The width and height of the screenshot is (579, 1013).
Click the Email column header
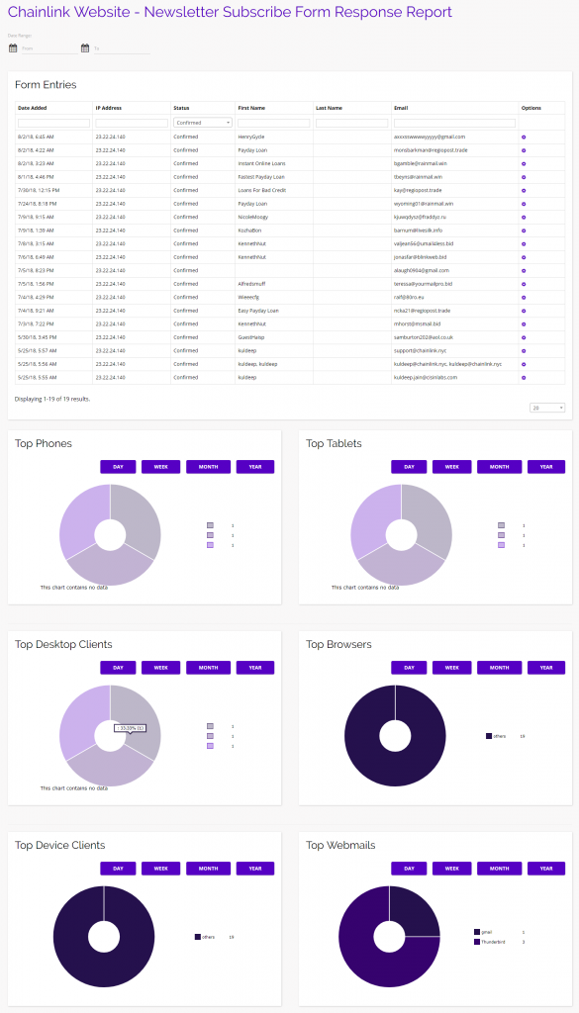(400, 108)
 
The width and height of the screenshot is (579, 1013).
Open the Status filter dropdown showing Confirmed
(202, 123)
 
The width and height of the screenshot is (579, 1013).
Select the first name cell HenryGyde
(251, 137)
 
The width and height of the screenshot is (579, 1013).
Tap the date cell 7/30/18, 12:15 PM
(39, 190)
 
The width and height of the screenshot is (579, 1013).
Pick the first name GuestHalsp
(251, 337)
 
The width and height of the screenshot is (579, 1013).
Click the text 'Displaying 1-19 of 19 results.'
(52, 399)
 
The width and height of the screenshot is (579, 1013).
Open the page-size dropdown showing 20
(547, 408)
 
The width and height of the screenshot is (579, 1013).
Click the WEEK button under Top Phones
(160, 467)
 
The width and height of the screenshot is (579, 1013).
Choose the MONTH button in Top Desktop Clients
(208, 668)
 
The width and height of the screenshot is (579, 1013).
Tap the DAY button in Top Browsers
(409, 668)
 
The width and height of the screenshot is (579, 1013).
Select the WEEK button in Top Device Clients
(160, 869)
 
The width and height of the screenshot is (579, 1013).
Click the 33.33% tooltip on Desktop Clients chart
(130, 728)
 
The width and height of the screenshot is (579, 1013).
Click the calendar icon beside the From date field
(13, 46)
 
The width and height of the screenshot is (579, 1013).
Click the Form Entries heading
(46, 85)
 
